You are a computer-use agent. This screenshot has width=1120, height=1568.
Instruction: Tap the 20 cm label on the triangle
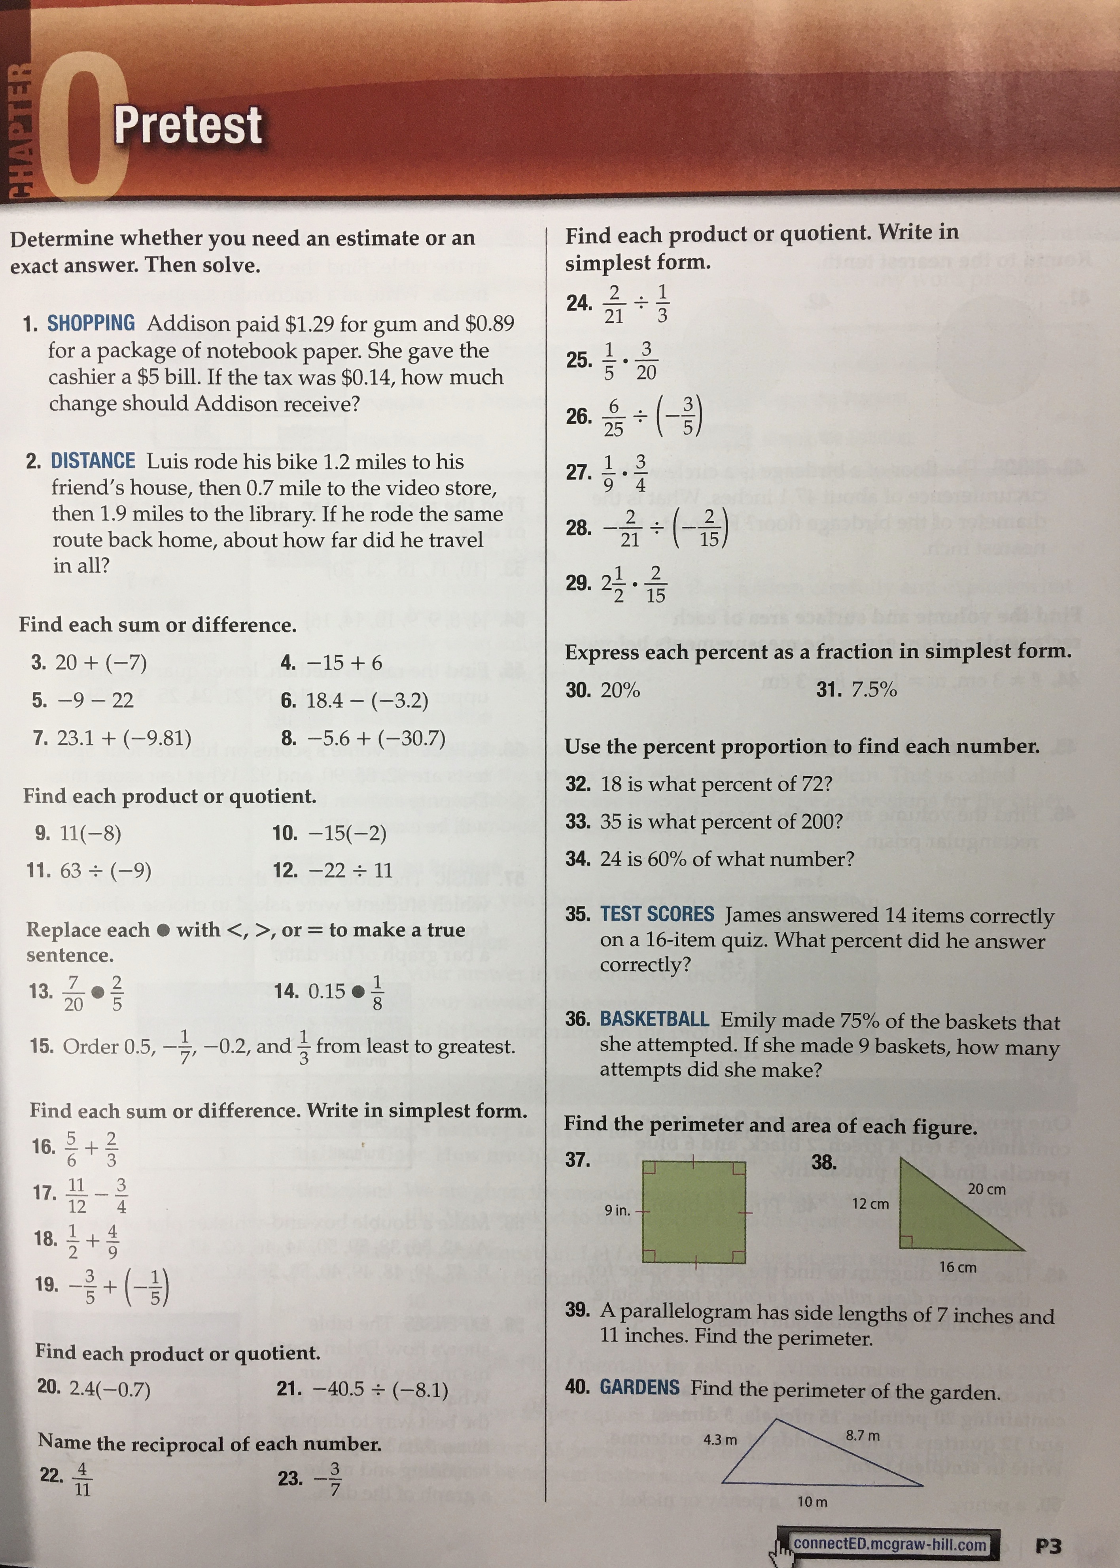(986, 1189)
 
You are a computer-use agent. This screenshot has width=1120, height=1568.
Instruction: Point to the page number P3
(1048, 1546)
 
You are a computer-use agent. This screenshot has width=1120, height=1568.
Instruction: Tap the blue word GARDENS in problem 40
(639, 1387)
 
